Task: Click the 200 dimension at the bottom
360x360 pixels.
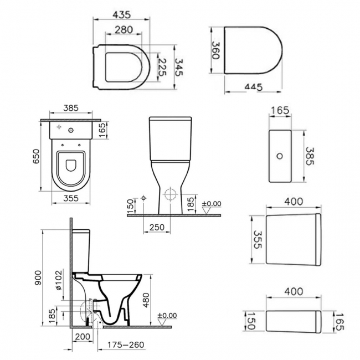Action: (x=83, y=337)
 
